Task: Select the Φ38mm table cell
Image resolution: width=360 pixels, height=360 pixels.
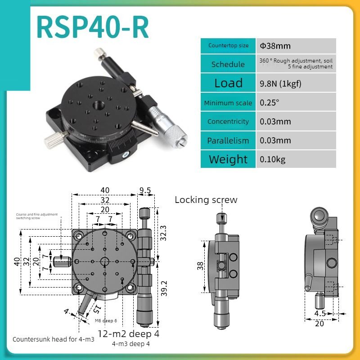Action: coord(275,45)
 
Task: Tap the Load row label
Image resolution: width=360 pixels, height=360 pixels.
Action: coord(228,83)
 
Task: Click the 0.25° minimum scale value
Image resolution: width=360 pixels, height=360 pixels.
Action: coord(270,102)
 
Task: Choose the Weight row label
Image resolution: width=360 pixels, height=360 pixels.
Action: coord(228,159)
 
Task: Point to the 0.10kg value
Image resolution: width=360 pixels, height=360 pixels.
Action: coord(273,159)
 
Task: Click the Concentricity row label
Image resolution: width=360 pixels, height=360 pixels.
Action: coord(228,121)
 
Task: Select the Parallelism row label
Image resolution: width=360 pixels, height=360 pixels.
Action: coord(228,140)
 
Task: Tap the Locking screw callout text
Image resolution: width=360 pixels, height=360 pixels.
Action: coord(206,200)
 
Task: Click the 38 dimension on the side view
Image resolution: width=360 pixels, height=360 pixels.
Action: coord(200,266)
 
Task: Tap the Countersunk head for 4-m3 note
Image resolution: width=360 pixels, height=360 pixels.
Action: coord(53,339)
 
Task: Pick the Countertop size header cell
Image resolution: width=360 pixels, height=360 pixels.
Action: coord(228,45)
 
